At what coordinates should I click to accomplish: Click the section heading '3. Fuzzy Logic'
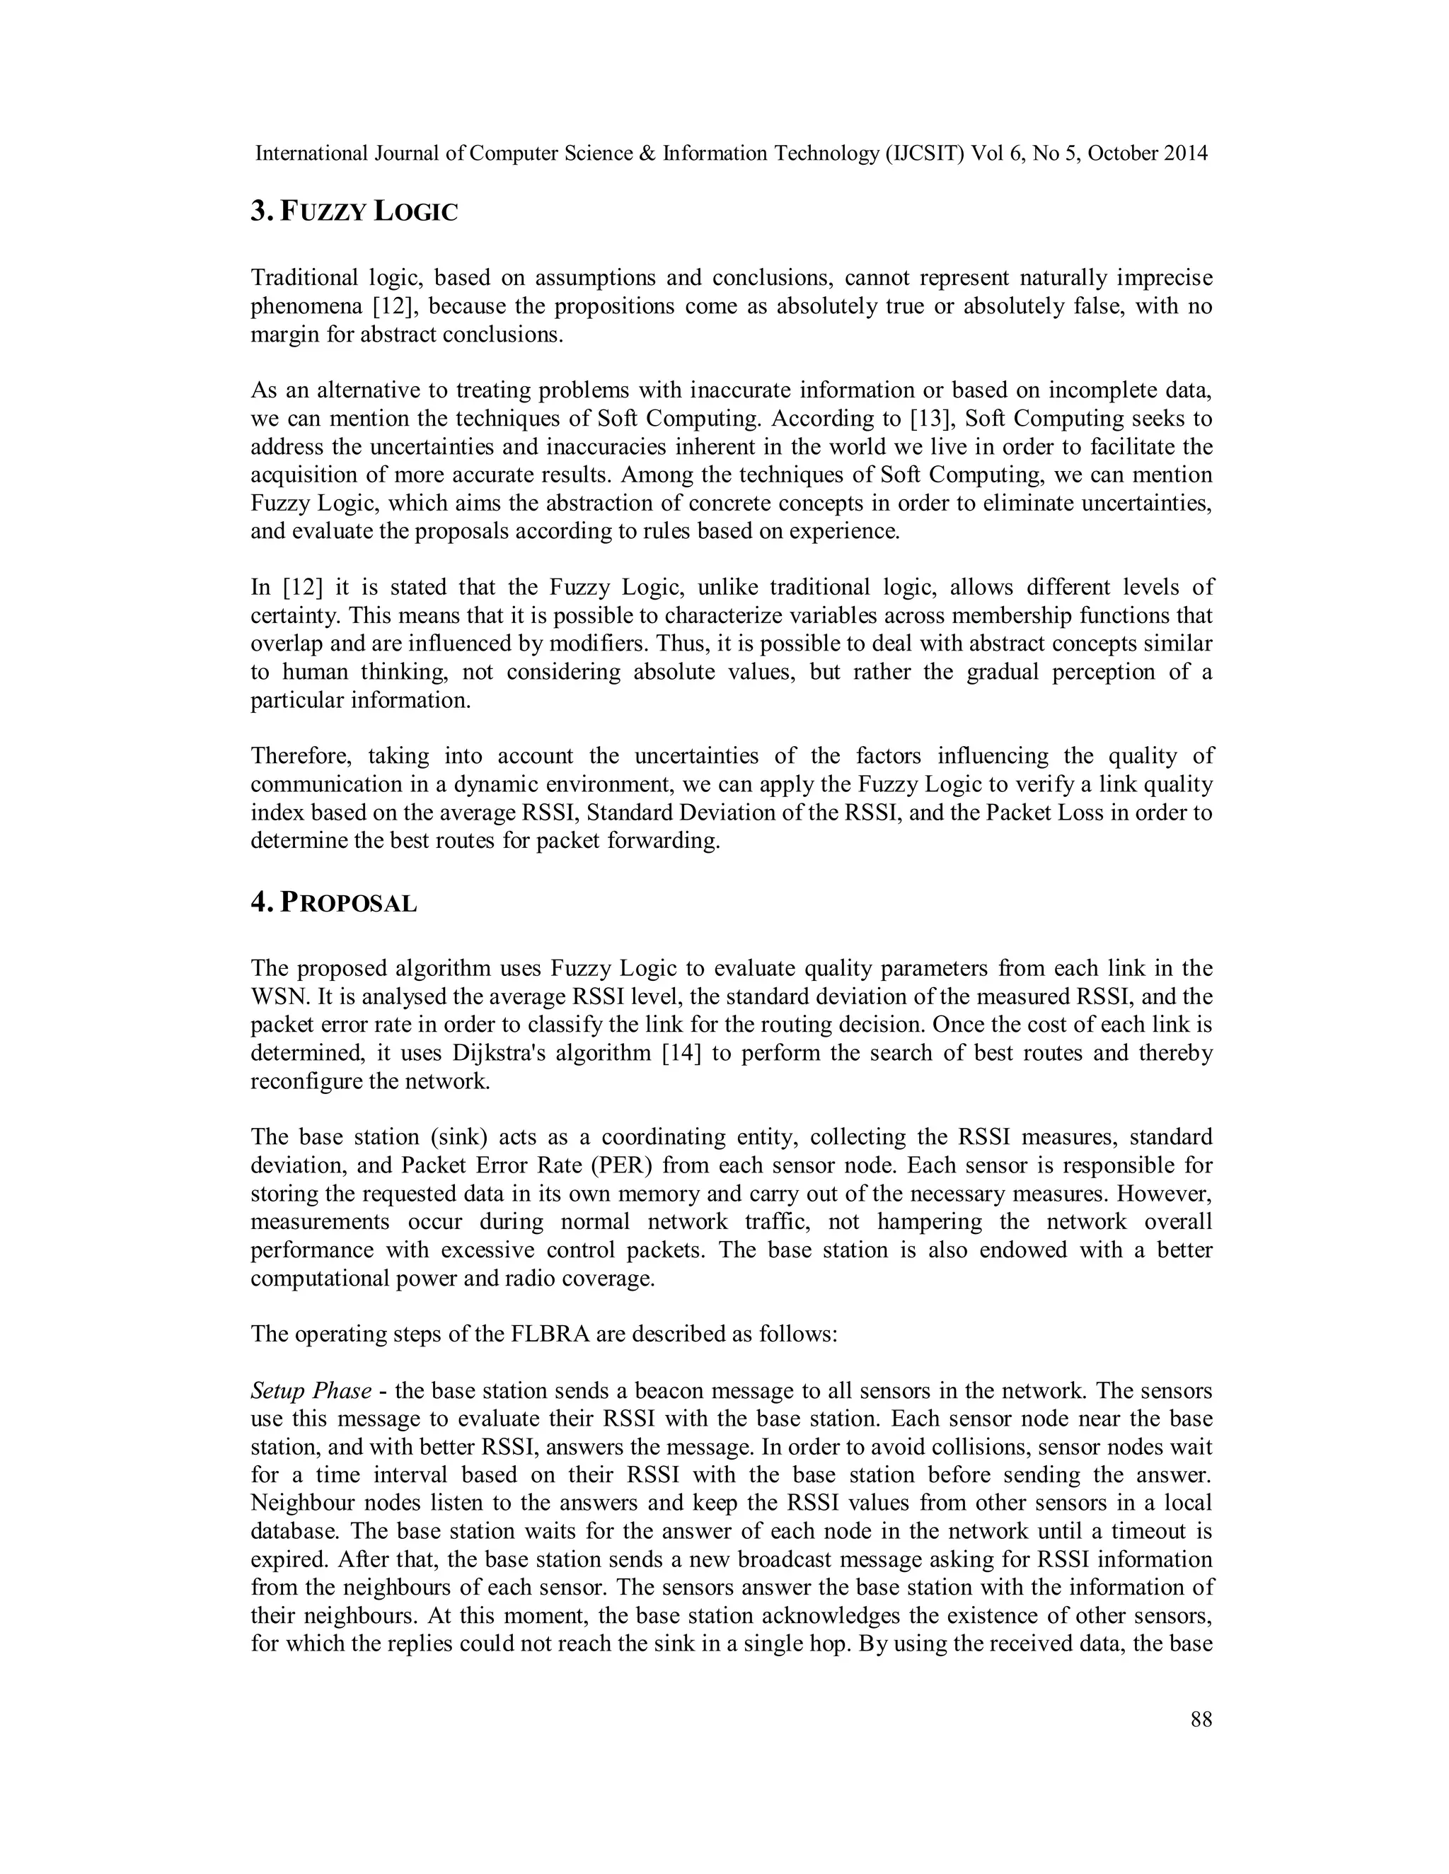pos(354,211)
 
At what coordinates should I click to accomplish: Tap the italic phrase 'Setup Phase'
pos(311,1391)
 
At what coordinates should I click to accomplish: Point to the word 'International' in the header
pos(311,153)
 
